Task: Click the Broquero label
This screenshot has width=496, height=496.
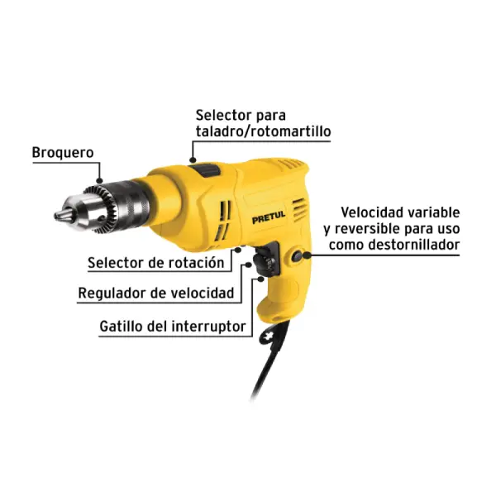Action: point(63,153)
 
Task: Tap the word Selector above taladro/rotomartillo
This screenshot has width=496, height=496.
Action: point(224,115)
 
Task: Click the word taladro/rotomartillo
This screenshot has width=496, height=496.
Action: point(263,131)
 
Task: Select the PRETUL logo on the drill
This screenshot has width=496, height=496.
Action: point(269,217)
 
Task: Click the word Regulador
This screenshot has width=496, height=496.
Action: point(112,293)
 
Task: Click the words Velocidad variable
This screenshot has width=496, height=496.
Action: point(400,212)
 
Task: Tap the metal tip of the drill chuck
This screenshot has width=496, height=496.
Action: point(60,216)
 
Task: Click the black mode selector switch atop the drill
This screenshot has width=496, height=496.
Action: point(207,170)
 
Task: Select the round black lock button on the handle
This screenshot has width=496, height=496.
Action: point(297,256)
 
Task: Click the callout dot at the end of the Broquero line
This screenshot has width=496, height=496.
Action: point(100,181)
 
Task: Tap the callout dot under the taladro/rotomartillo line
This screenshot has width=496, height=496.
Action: point(193,160)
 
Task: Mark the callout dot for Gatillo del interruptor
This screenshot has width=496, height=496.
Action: point(260,279)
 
